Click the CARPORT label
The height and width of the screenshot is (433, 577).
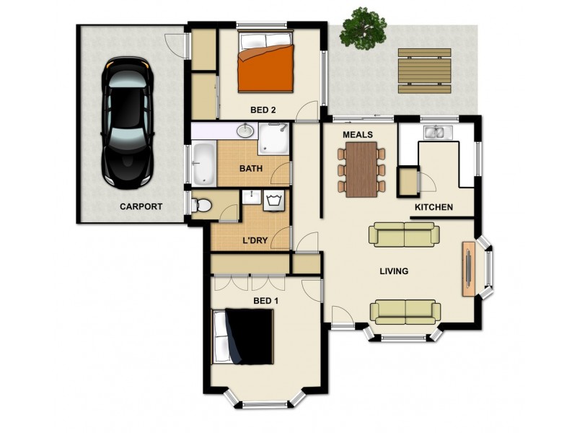(x=141, y=206)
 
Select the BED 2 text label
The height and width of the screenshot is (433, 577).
(x=263, y=110)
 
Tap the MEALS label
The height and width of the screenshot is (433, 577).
(x=357, y=134)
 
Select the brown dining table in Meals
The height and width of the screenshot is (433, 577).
(x=361, y=169)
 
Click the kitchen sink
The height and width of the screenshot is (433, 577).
(x=438, y=132)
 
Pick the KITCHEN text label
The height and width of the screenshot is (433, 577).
(x=433, y=208)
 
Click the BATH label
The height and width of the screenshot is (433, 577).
(x=251, y=169)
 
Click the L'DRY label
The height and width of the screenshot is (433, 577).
(x=255, y=239)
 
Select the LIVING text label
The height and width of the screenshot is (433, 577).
(x=394, y=271)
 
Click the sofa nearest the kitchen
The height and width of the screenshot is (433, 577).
(x=403, y=235)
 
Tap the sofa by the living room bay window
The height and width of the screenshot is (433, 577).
(x=405, y=311)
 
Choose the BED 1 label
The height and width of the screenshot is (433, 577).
(x=265, y=300)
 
